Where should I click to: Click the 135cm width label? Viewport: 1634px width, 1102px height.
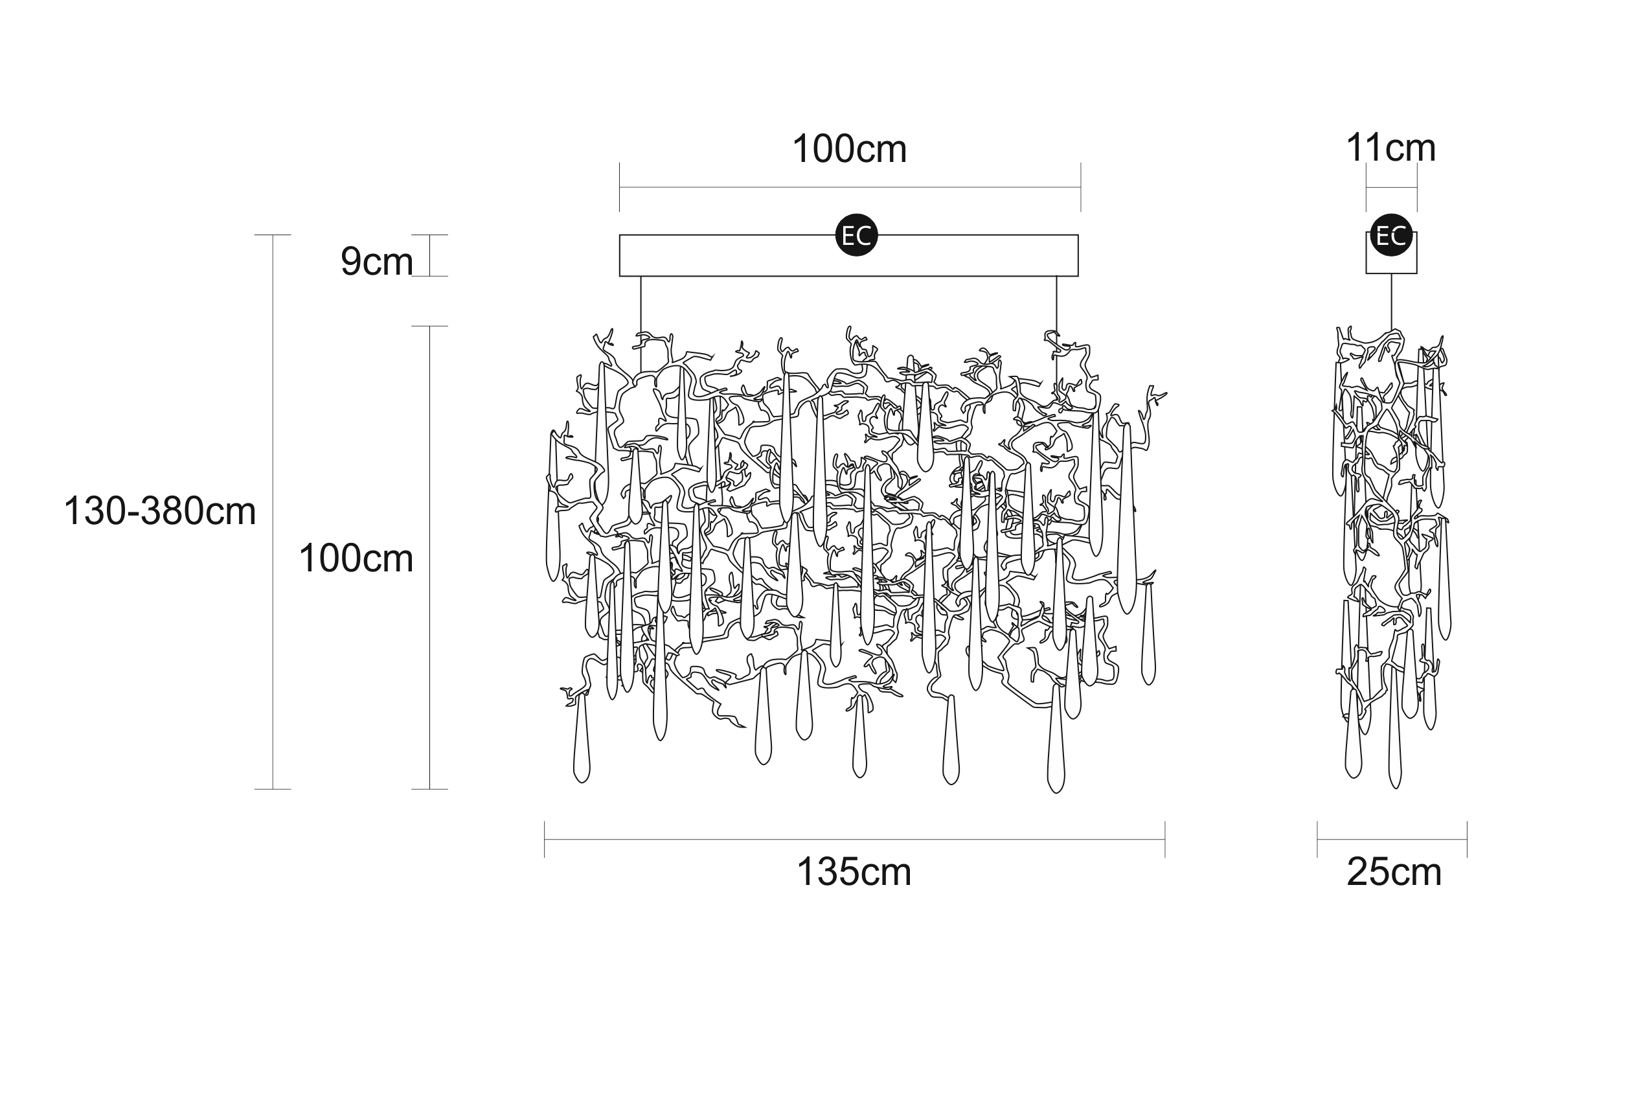pyautogui.click(x=854, y=872)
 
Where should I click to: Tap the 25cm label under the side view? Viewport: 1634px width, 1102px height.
pyautogui.click(x=1394, y=872)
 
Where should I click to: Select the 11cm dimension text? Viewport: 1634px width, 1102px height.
pyautogui.click(x=1390, y=148)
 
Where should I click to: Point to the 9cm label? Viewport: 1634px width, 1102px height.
pyautogui.click(x=376, y=262)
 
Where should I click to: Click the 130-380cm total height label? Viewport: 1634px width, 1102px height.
pyautogui.click(x=159, y=511)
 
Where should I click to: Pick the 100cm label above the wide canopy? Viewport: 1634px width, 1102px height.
pyautogui.click(x=849, y=149)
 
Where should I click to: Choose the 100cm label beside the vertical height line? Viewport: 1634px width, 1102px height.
pyautogui.click(x=356, y=558)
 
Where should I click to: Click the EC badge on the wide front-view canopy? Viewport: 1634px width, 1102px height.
pyautogui.click(x=856, y=235)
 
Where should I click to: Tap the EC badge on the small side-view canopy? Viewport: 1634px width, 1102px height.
pyautogui.click(x=1391, y=235)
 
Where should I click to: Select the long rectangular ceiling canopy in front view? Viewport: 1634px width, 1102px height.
pyautogui.click(x=848, y=256)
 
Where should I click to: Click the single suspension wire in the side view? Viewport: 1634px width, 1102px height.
pyautogui.click(x=1392, y=301)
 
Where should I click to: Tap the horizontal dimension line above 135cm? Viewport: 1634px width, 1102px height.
pyautogui.click(x=854, y=839)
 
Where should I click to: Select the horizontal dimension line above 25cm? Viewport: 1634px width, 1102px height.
pyautogui.click(x=1392, y=839)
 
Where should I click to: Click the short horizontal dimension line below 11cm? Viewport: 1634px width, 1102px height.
pyautogui.click(x=1392, y=188)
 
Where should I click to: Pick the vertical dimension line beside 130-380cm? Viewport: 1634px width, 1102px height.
pyautogui.click(x=273, y=512)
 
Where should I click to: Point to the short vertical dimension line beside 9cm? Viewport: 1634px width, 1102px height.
pyautogui.click(x=429, y=255)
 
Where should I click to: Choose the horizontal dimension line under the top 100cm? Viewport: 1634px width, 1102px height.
pyautogui.click(x=850, y=188)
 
